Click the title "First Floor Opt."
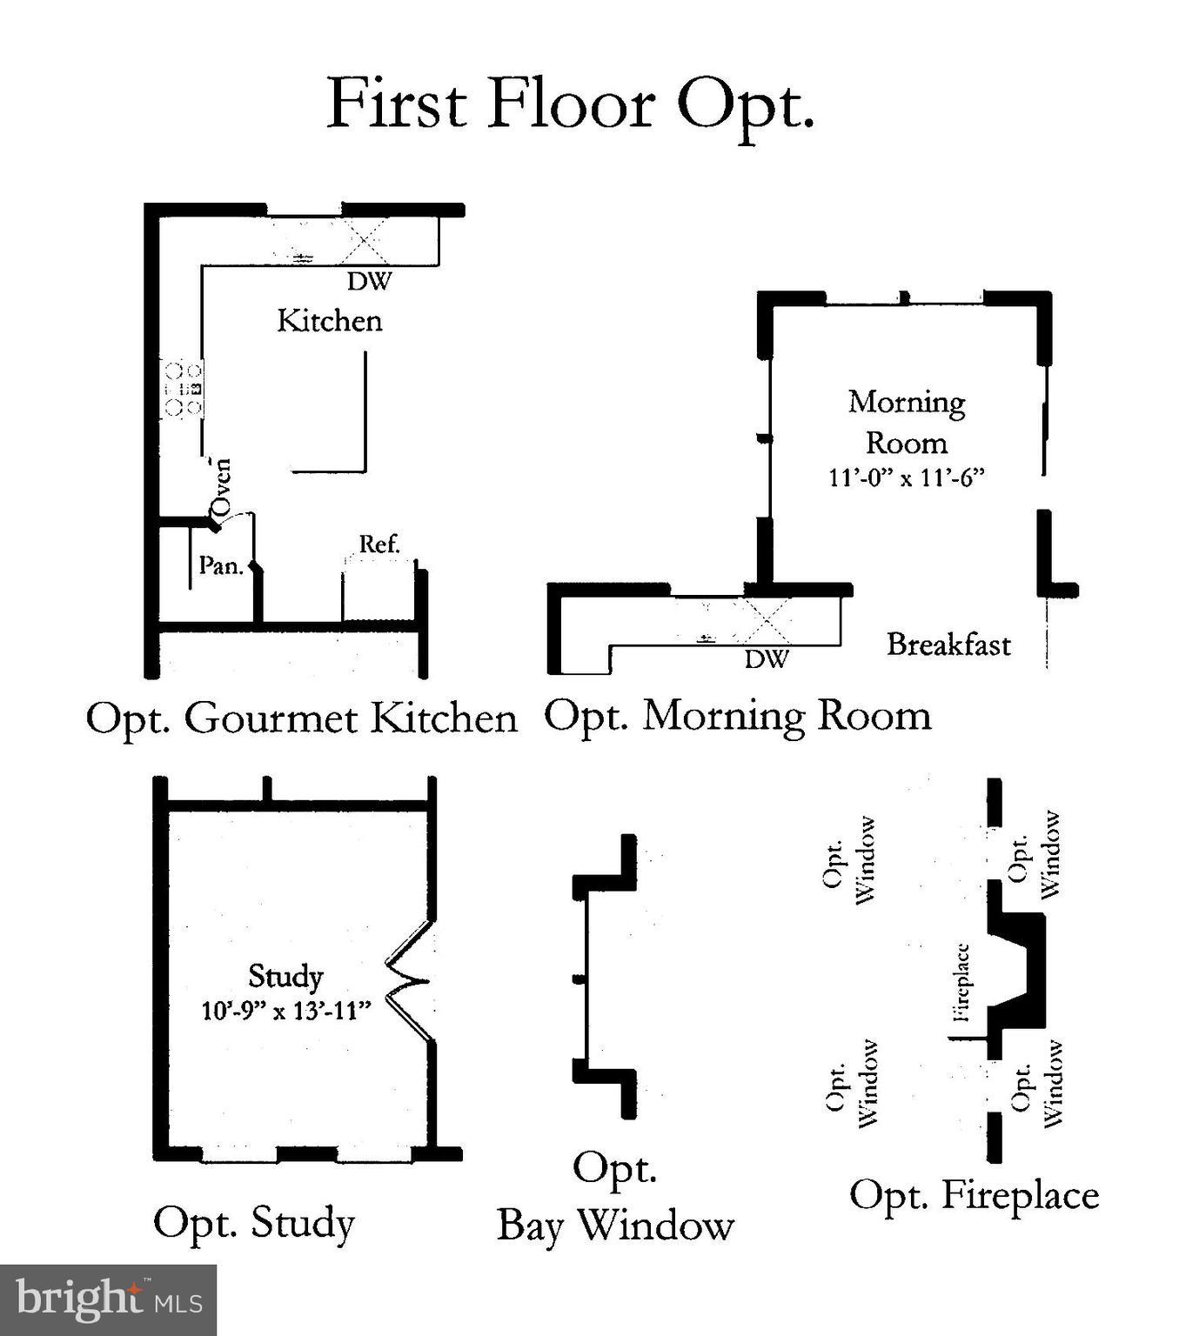point(570,104)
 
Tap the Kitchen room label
point(330,321)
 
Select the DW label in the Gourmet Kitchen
point(370,281)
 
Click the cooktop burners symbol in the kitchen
point(183,389)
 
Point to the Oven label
point(222,488)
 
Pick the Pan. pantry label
point(220,566)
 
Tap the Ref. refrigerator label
point(379,544)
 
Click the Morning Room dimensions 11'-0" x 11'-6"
point(906,478)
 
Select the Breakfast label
point(948,645)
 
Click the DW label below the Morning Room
point(767,659)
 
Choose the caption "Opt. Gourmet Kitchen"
point(301,718)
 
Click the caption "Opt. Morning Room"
point(738,716)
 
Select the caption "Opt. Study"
point(254,1222)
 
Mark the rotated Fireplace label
point(961,982)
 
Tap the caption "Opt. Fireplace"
point(974,1195)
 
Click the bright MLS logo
point(108,1300)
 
